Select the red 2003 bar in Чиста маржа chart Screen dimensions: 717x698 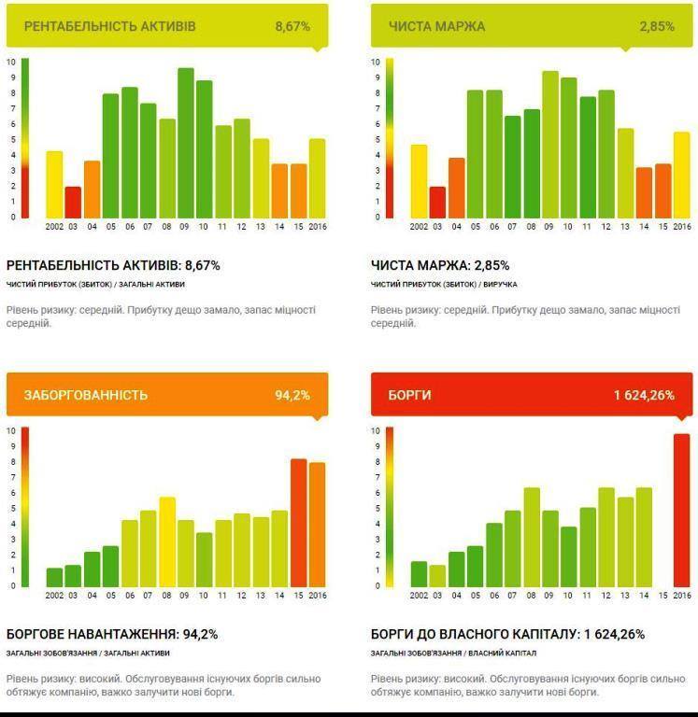[x=437, y=202]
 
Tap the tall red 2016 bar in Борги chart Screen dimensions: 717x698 [x=681, y=510]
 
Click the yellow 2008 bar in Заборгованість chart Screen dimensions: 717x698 [x=167, y=541]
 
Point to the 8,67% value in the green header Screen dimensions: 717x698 [x=292, y=26]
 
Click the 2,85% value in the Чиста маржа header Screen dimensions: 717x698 [x=657, y=26]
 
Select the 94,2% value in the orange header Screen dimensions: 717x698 [x=292, y=395]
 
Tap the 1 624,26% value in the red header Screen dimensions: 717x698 [x=644, y=395]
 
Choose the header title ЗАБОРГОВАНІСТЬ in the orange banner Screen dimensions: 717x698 [x=86, y=395]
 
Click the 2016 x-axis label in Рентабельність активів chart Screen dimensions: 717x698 [x=317, y=226]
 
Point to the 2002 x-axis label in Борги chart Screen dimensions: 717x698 [x=419, y=595]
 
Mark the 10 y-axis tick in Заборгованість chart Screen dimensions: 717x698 [x=11, y=431]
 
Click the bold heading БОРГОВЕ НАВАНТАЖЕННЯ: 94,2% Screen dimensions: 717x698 [x=112, y=634]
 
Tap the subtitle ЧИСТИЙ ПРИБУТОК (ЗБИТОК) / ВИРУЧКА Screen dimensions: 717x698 [x=444, y=284]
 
